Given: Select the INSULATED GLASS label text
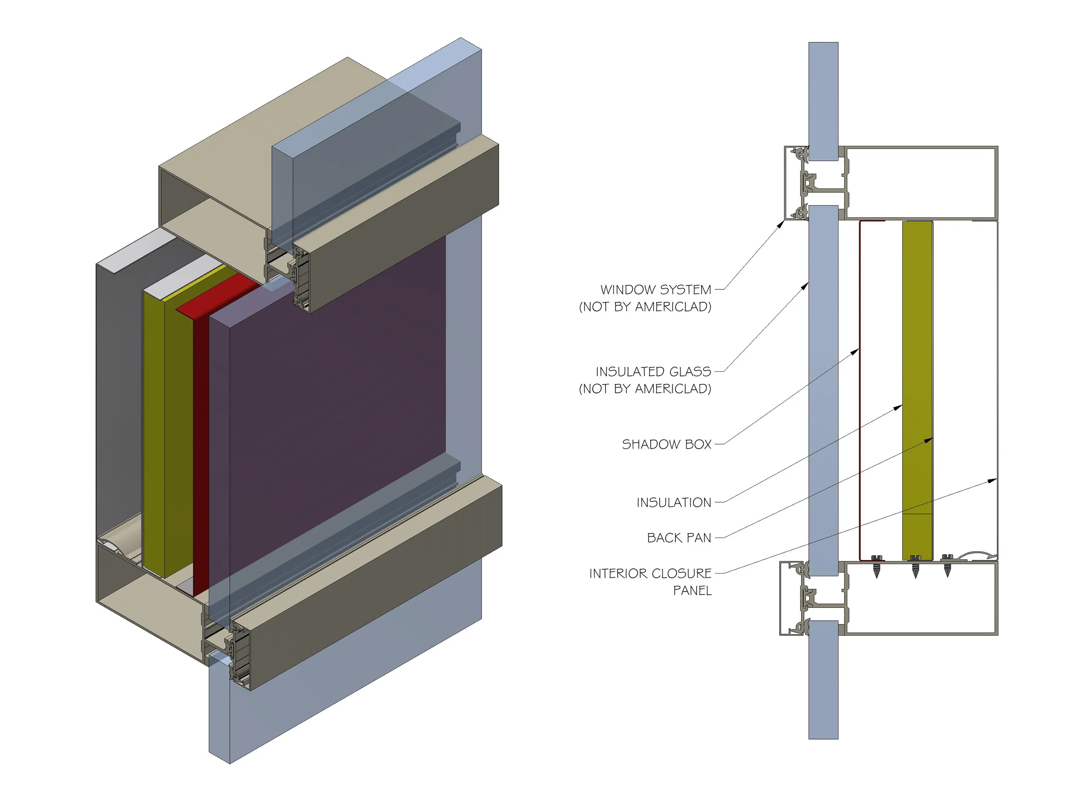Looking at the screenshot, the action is point(653,371).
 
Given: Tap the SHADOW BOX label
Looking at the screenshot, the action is point(667,444).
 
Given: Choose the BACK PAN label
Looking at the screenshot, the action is point(679,538).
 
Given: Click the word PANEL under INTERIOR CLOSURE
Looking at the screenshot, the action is point(693,591).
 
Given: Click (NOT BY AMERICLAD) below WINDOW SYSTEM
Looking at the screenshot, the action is point(645,307).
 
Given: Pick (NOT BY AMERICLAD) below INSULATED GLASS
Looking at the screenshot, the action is point(645,389).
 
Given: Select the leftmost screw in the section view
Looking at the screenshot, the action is point(876,566).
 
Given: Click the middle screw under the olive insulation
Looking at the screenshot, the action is point(915,566).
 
